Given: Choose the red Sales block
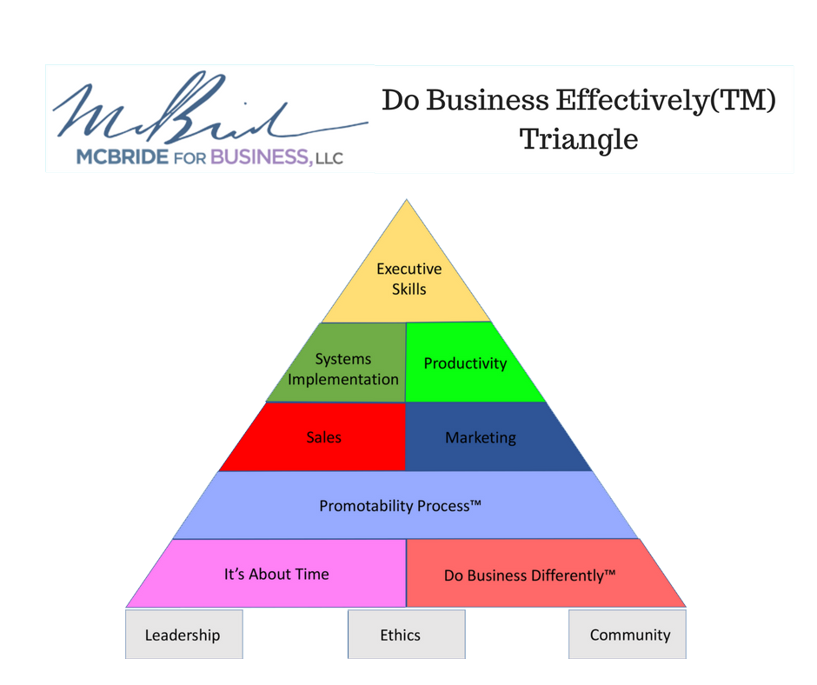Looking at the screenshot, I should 323,437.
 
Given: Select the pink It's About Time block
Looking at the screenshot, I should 276,574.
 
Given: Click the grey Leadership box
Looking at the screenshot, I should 183,635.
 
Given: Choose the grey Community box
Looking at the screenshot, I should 629,635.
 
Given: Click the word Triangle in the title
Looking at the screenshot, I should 579,139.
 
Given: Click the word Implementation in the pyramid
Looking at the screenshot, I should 343,379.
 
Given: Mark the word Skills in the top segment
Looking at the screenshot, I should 408,288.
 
